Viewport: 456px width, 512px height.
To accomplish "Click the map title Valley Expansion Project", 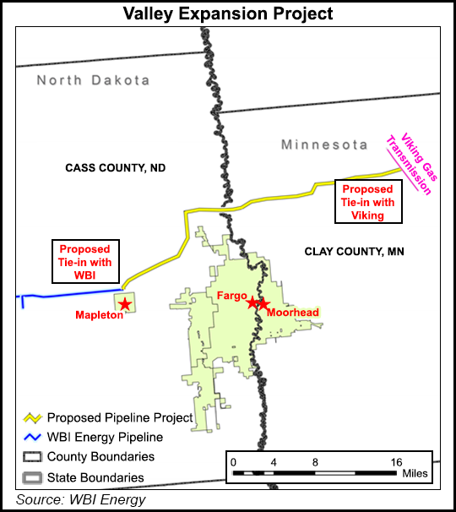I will pyautogui.click(x=228, y=14).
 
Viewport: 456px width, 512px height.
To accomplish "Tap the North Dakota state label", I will pyautogui.click(x=93, y=80).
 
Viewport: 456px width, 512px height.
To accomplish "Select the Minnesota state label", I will pyautogui.click(x=324, y=144).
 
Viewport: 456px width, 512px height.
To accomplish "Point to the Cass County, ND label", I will pyautogui.click(x=116, y=168).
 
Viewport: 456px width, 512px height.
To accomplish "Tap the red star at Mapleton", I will pyautogui.click(x=125, y=303).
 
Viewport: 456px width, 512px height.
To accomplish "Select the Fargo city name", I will pyautogui.click(x=231, y=297).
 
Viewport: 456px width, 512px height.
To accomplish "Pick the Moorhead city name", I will pyautogui.click(x=292, y=313).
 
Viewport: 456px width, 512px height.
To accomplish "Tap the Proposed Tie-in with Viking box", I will pyautogui.click(x=368, y=202).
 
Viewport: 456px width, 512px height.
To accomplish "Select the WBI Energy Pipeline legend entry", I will pyautogui.click(x=105, y=438).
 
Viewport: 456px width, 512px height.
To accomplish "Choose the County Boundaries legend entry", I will pyautogui.click(x=100, y=457).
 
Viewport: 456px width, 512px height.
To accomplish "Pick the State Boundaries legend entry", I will pyautogui.click(x=95, y=477).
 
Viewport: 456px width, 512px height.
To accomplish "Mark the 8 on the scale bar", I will pyautogui.click(x=315, y=462).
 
